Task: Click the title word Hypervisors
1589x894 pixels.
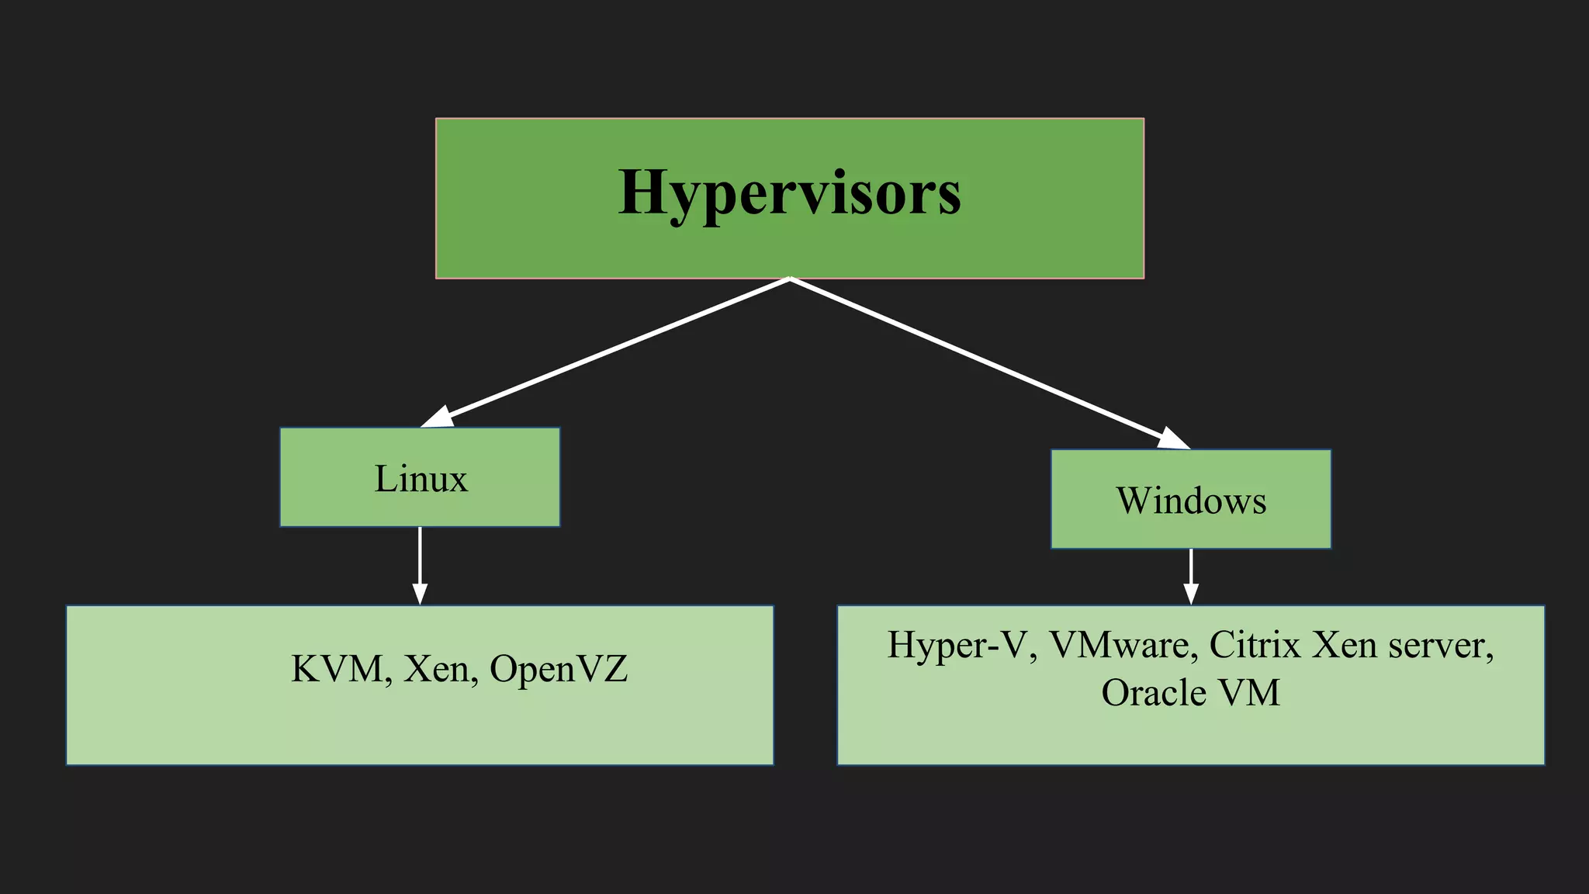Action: coord(789,192)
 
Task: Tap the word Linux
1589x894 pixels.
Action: coord(421,478)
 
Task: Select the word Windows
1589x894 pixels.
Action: coord(1191,501)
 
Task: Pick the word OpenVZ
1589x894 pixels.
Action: coord(559,669)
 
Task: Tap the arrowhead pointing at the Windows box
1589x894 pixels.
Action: coord(1173,439)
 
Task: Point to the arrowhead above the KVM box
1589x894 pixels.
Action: coord(420,594)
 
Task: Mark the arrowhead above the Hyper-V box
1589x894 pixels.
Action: coord(1191,594)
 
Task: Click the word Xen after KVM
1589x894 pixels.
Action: coord(437,669)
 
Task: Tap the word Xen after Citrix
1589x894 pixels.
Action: coord(1345,646)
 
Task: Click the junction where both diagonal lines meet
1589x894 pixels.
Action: coord(789,279)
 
